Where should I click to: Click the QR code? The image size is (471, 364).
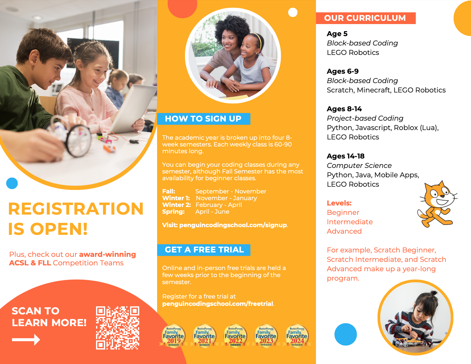pos(117,328)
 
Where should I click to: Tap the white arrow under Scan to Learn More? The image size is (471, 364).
pos(26,340)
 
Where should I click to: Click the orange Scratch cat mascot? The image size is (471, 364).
pos(437,204)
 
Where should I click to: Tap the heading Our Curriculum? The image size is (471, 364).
pos(365,18)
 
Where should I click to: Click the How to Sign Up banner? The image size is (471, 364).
pos(203,119)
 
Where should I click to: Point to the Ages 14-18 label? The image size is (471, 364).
pos(346,156)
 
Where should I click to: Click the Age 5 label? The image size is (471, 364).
pos(337,34)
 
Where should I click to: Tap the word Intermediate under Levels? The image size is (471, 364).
pos(350,222)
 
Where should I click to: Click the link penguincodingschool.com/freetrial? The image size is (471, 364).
pos(218,304)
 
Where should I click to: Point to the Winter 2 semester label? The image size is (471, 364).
pos(176,205)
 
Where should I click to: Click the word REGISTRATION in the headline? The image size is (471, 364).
pos(76,209)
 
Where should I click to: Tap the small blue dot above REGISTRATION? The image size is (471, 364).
pos(12,183)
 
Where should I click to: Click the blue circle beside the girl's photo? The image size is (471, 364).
pos(346,334)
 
